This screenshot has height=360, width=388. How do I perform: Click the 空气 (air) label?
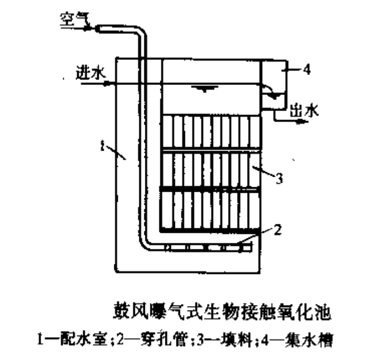70,19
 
